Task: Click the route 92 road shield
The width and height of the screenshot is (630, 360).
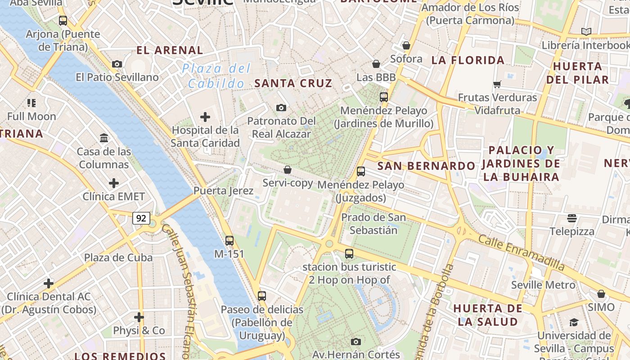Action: pyautogui.click(x=141, y=218)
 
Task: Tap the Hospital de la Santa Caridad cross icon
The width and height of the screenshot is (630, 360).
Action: pyautogui.click(x=205, y=117)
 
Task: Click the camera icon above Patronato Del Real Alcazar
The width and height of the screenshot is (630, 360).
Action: pyautogui.click(x=281, y=108)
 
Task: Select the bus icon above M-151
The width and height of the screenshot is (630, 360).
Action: pyautogui.click(x=229, y=241)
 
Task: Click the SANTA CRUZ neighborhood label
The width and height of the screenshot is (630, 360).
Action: pyautogui.click(x=293, y=83)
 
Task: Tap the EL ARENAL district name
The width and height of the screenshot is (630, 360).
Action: pyautogui.click(x=170, y=50)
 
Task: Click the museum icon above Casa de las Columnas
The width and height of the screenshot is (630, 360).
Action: pyautogui.click(x=104, y=138)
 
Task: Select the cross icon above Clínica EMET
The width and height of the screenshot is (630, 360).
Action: pyautogui.click(x=114, y=183)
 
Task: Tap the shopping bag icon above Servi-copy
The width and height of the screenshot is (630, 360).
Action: pyautogui.click(x=288, y=170)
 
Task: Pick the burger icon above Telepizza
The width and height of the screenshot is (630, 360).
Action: pyautogui.click(x=572, y=218)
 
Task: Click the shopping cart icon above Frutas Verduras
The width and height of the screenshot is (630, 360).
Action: pyautogui.click(x=497, y=84)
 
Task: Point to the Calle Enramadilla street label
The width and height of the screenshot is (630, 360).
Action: pyautogui.click(x=521, y=252)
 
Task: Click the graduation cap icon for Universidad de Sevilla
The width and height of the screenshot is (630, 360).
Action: pyautogui.click(x=574, y=322)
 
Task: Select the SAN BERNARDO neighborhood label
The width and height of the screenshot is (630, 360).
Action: pyautogui.click(x=426, y=166)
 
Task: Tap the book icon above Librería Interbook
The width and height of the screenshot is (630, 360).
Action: pyautogui.click(x=586, y=31)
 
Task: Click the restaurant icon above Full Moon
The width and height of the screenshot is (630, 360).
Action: pyautogui.click(x=31, y=103)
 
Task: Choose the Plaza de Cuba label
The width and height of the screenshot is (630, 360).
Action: pyautogui.click(x=118, y=258)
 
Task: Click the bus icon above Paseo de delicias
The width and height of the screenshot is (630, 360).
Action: pyautogui.click(x=262, y=296)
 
